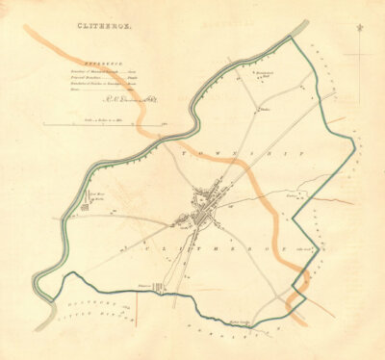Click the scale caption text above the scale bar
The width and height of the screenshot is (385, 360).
[105, 117]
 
